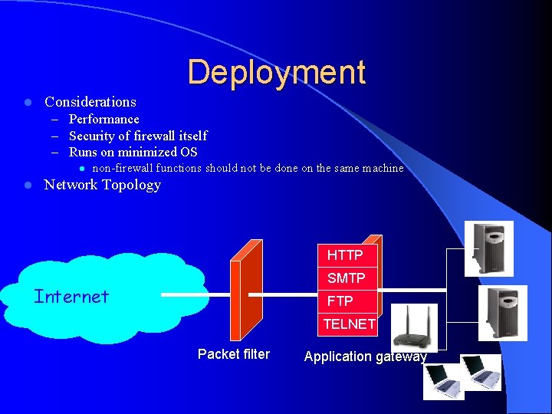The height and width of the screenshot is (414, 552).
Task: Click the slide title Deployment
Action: tap(276, 72)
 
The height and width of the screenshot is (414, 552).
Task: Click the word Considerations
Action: tap(90, 102)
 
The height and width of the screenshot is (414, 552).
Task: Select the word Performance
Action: tap(104, 120)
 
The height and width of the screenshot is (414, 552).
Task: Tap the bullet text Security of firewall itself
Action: tap(138, 136)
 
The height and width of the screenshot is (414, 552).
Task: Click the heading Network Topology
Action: tap(103, 185)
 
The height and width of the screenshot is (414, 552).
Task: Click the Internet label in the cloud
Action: tap(71, 297)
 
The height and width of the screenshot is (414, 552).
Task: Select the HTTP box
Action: tap(345, 255)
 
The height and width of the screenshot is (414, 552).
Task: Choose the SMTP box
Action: tap(347, 278)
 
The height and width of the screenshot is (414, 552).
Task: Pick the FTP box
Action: tap(340, 301)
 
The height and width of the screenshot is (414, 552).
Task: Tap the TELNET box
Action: tap(350, 324)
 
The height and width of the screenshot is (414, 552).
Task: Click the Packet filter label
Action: tap(234, 354)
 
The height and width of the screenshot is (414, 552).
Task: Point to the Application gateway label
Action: tap(365, 356)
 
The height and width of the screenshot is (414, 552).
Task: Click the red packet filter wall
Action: tap(247, 291)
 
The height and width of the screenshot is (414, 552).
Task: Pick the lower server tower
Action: tap(502, 313)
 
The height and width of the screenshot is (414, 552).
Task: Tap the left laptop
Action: tap(445, 379)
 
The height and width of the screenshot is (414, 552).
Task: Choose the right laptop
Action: tap(481, 373)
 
